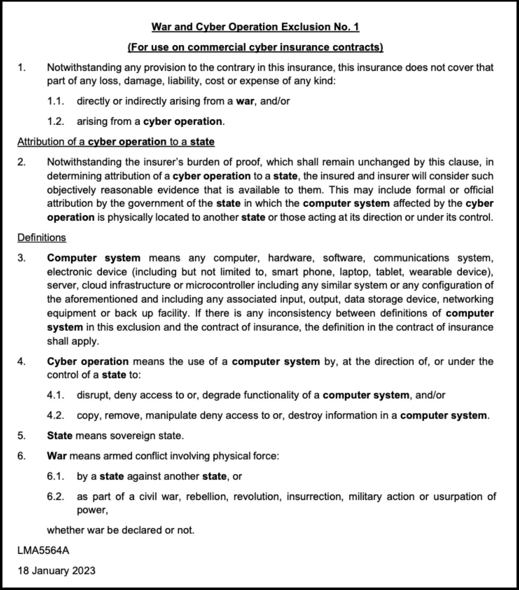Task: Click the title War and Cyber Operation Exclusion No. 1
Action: coord(255,27)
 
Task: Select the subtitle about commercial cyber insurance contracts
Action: coord(255,47)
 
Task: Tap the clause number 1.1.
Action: coord(56,101)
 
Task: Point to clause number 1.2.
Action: coord(56,122)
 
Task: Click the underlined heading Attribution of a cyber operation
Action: coord(116,142)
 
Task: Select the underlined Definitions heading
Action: coord(42,238)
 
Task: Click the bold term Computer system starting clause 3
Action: coord(94,258)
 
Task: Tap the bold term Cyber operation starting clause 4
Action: coord(88,362)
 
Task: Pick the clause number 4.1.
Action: coord(56,395)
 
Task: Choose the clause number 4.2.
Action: coord(56,416)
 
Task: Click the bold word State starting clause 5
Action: coord(60,436)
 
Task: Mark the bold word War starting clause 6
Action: coord(57,456)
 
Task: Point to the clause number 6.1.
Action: coord(56,476)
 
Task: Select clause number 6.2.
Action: coord(56,497)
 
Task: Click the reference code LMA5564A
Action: coord(43,551)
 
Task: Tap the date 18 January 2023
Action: coord(56,571)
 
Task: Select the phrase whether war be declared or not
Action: coord(120,530)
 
